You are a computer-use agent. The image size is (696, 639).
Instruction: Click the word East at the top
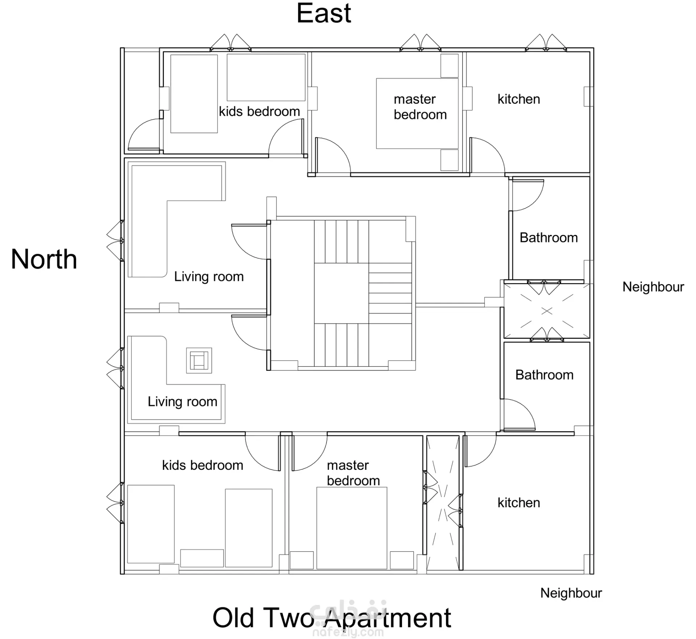tap(324, 13)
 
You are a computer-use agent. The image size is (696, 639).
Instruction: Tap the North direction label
tap(44, 259)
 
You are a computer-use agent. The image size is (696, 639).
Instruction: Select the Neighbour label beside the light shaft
tap(653, 287)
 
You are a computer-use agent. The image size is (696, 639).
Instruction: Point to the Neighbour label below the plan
tap(571, 593)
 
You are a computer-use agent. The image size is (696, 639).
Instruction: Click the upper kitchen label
tap(519, 99)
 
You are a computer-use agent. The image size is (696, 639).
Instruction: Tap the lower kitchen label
tap(519, 503)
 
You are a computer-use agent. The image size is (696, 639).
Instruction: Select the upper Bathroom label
tap(549, 238)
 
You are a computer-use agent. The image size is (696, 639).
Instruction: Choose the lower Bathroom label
tap(544, 375)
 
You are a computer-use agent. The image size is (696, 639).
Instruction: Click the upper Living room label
tap(209, 277)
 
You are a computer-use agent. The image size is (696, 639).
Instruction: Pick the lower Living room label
tap(182, 402)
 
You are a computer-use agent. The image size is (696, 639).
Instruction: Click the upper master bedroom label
tap(420, 107)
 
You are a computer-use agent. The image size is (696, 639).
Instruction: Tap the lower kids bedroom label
tap(203, 465)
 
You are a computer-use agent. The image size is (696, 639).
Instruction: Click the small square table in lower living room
tap(199, 361)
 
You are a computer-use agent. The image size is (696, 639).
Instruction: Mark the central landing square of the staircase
tap(341, 293)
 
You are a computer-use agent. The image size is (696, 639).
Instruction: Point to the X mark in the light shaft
tap(547, 311)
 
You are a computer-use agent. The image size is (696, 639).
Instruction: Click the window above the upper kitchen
tap(546, 43)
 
